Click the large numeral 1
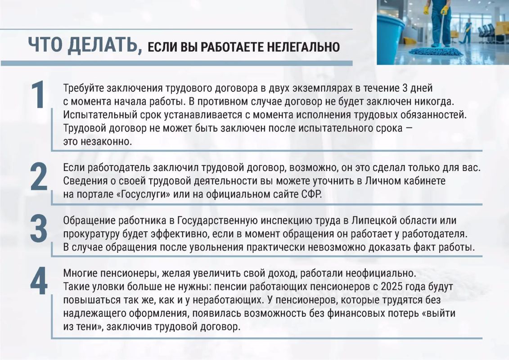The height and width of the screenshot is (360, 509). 38,94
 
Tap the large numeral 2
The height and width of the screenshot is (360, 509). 39,177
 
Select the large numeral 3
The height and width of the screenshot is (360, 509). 39,229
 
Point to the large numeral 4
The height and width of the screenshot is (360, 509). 39,281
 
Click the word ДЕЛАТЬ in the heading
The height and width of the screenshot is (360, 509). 104,45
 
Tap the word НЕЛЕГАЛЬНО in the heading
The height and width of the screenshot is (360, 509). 303,47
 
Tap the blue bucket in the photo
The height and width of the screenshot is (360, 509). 390,36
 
